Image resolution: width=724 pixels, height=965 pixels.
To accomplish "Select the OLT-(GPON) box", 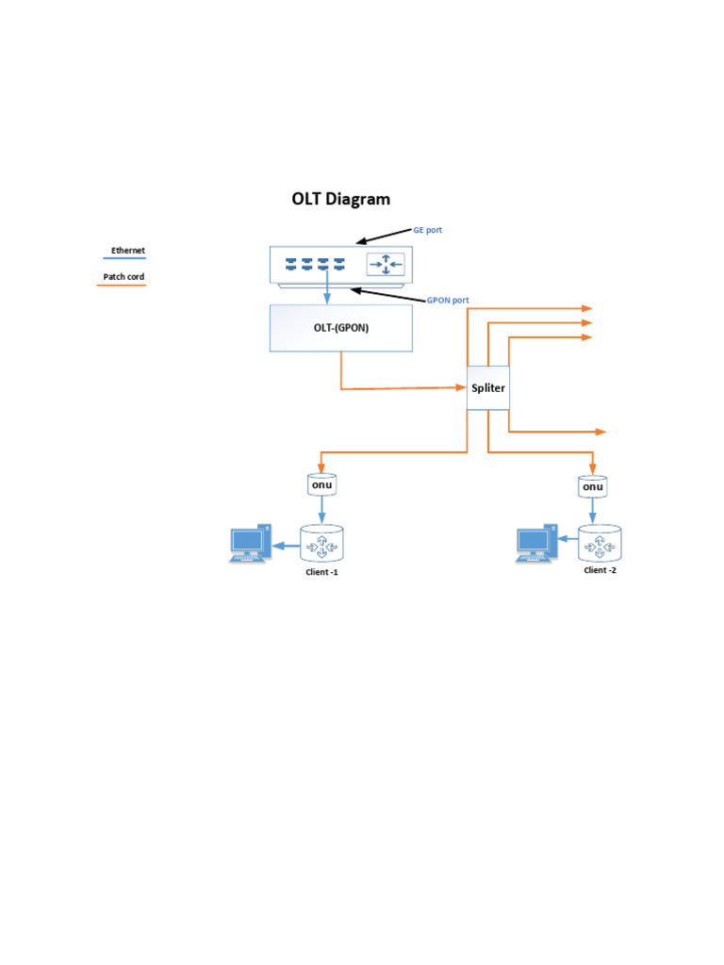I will pos(340,328).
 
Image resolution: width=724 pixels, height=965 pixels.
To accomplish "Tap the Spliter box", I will pos(488,387).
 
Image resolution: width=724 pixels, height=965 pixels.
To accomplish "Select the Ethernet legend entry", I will pos(127,251).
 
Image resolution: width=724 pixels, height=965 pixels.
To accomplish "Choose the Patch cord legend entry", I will pos(123,277).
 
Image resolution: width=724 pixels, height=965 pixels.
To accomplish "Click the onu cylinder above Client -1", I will pos(322,484).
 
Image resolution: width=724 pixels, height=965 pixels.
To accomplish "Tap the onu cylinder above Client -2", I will pos(592,485).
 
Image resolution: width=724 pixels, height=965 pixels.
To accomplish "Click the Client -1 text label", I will pos(321,572).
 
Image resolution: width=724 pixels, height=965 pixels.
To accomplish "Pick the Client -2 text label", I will pos(600,570).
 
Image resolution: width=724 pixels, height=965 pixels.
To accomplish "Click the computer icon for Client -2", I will pos(535,544).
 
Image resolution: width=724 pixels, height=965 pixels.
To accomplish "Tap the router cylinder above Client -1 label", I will pos(322,544).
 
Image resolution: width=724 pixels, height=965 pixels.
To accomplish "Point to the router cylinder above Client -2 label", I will pos(600,543).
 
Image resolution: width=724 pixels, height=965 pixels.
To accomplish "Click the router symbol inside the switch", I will pos(385,264).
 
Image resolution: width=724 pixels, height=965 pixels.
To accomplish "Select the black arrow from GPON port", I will pos(386,296).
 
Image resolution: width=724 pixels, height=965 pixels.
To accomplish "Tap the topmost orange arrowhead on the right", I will pos(586,308).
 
